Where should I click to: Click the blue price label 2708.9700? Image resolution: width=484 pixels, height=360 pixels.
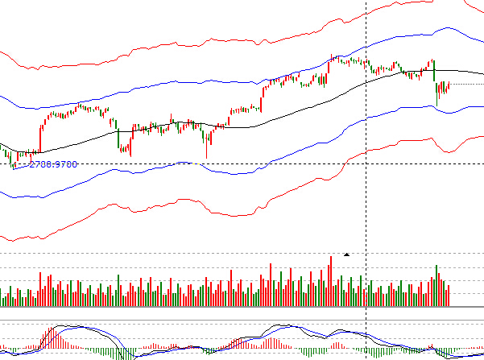(53, 164)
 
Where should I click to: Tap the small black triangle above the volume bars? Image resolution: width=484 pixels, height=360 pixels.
(346, 254)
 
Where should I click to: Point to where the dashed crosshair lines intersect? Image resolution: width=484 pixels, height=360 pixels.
(366, 164)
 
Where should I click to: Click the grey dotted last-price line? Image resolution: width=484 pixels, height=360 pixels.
(467, 84)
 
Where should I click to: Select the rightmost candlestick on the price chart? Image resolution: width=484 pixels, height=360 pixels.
(448, 86)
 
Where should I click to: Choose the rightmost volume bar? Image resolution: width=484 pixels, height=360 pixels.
(449, 296)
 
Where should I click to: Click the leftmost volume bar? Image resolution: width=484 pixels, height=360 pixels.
(2, 300)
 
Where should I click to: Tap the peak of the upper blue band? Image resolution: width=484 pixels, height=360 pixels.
(442, 28)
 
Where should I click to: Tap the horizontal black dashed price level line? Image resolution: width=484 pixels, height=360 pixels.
(242, 164)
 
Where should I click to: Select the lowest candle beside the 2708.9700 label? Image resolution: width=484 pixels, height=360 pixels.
(13, 164)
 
